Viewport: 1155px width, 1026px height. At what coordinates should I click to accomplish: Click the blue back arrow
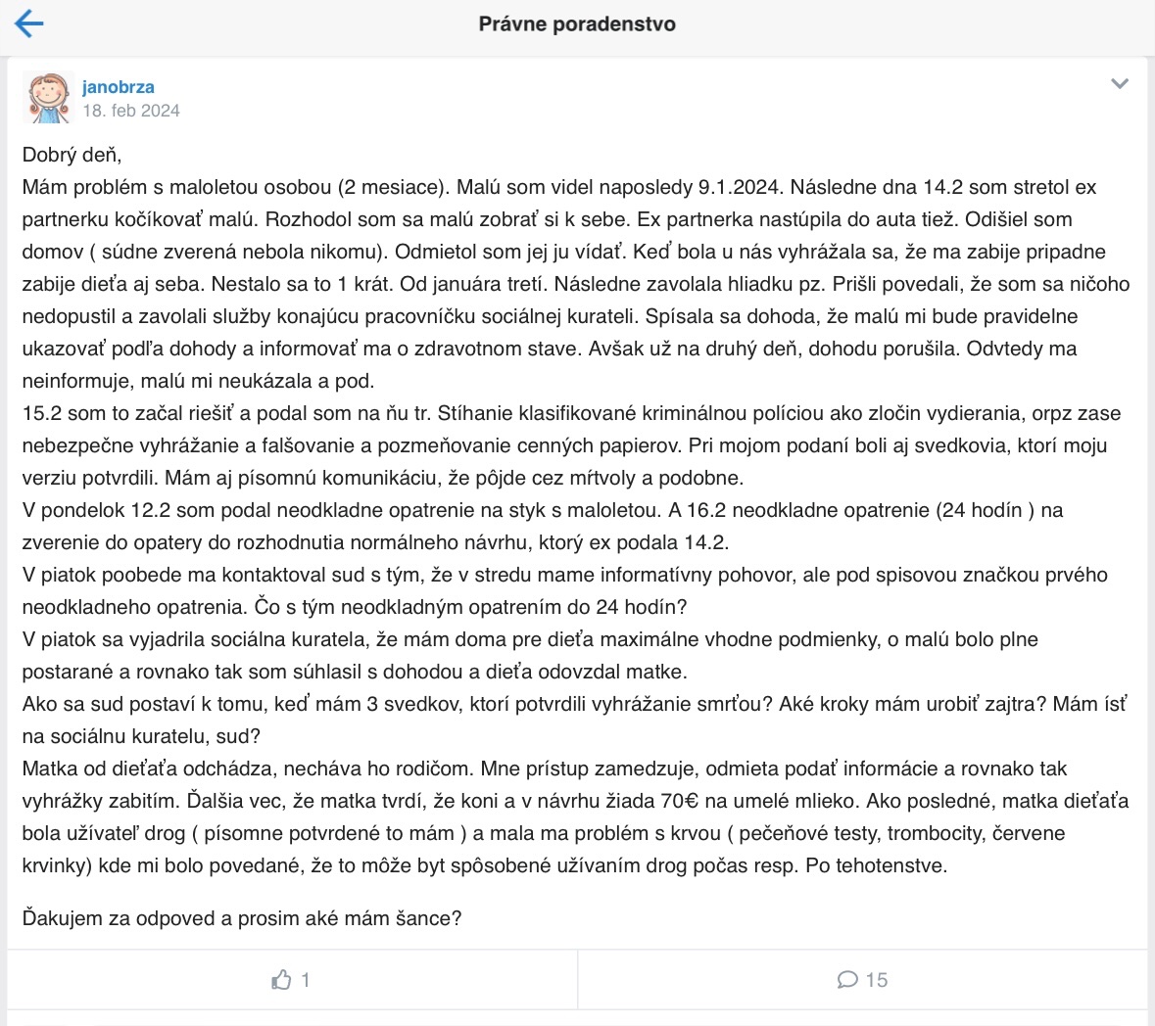click(29, 23)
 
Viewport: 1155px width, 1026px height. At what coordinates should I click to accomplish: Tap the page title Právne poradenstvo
click(577, 24)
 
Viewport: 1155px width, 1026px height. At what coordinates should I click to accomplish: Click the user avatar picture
click(48, 98)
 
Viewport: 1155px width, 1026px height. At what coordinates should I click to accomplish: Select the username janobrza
click(119, 87)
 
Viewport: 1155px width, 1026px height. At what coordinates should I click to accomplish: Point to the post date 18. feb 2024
click(131, 111)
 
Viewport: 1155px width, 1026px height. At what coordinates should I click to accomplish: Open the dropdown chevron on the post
click(1120, 84)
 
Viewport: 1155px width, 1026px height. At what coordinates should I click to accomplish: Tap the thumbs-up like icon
click(282, 979)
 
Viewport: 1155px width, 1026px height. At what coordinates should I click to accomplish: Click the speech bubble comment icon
click(847, 979)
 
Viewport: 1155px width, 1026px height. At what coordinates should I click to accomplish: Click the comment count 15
click(877, 979)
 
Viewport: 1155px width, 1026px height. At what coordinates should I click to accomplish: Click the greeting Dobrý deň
click(72, 155)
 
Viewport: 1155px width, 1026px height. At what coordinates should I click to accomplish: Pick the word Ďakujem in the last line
click(63, 918)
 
